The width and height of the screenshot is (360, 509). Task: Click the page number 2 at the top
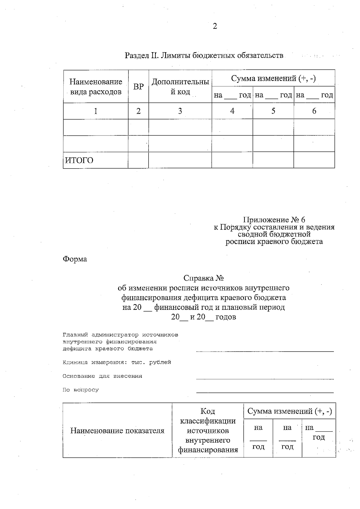(x=215, y=26)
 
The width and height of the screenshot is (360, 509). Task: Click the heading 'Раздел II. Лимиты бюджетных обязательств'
(x=204, y=55)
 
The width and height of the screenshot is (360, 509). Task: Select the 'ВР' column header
(x=138, y=87)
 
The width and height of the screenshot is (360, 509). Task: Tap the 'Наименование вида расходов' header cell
(x=96, y=87)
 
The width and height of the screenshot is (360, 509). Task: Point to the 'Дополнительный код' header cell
(x=180, y=87)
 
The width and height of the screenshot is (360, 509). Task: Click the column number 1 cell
(x=96, y=111)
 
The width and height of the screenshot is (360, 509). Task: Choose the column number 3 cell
(x=180, y=111)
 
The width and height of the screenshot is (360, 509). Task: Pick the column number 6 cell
(x=314, y=111)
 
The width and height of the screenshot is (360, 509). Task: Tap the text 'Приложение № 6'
(x=274, y=220)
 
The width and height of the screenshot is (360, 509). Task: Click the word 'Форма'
(x=75, y=259)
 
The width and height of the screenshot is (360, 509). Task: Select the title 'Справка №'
(x=204, y=278)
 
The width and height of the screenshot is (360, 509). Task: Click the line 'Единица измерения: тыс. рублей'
(x=117, y=362)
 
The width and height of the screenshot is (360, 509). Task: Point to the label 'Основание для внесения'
(x=102, y=376)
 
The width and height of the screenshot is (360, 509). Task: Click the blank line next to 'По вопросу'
(x=265, y=392)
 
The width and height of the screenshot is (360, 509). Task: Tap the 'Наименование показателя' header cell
(x=117, y=431)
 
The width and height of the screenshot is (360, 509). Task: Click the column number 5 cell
(x=273, y=111)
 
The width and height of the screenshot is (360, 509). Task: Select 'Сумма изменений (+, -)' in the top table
(x=273, y=79)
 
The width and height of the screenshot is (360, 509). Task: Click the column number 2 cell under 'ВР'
(x=138, y=111)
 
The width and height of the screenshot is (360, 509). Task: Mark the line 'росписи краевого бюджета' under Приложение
(x=274, y=242)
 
